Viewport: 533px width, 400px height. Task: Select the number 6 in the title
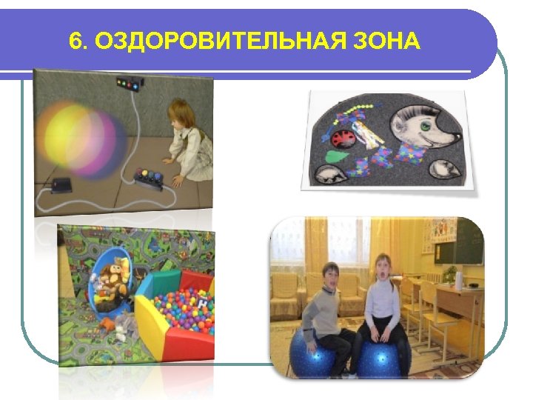pos(74,41)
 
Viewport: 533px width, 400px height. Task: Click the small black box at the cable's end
pos(59,184)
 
